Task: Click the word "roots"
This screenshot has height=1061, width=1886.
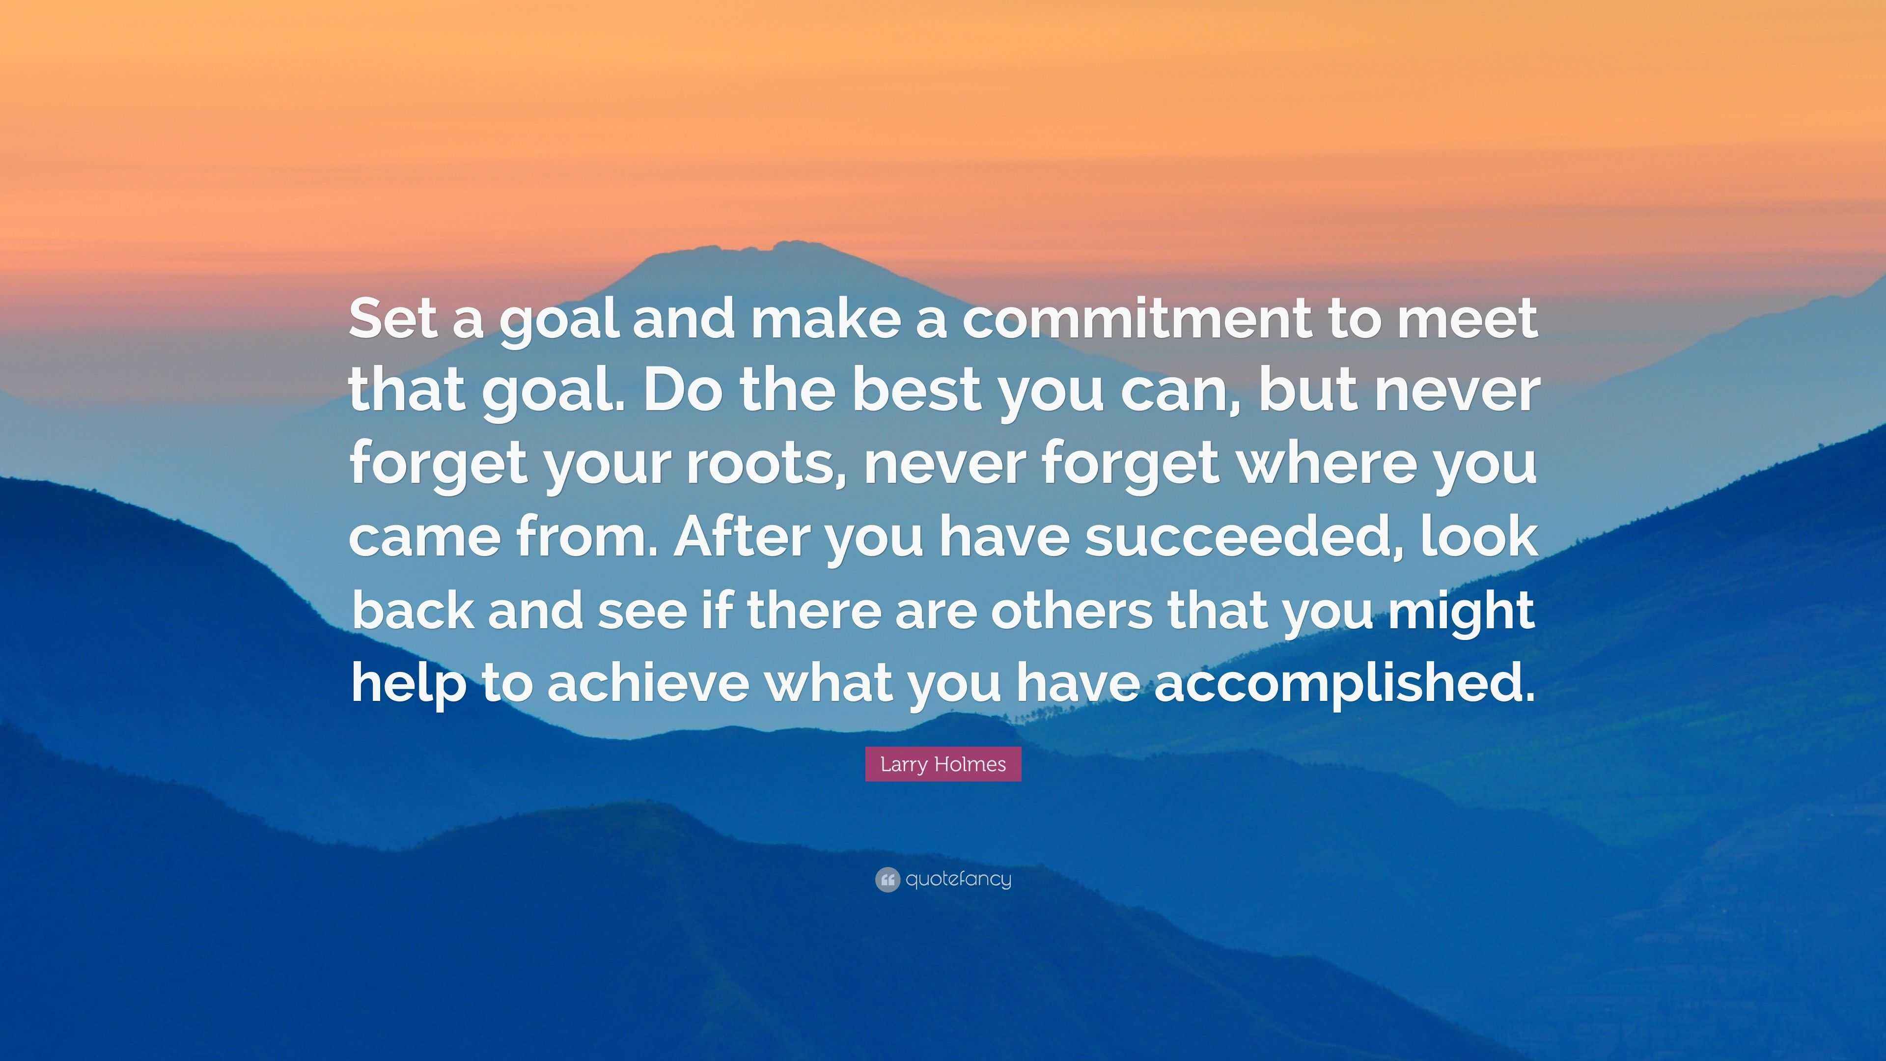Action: click(x=767, y=464)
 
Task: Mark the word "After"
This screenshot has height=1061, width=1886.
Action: click(x=743, y=537)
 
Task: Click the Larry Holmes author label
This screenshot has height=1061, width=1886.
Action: click(x=943, y=764)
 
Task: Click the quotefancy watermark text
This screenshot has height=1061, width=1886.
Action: click(x=958, y=879)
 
